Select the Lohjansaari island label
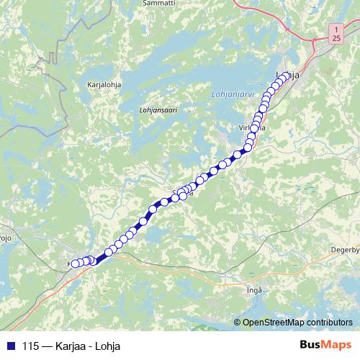tap(157, 110)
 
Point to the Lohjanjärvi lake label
tap(230, 93)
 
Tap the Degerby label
tap(344, 250)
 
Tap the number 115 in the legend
tap(31, 346)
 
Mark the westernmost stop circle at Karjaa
tap(74, 264)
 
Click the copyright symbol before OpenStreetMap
tap(238, 323)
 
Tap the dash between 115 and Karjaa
tap(47, 346)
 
